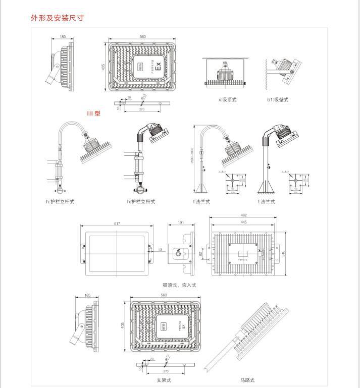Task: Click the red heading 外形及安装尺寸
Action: coord(57,18)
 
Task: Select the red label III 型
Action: coord(93,114)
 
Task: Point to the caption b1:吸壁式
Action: coord(278,99)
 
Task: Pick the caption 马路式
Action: coord(247,380)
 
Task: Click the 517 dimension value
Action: coord(117,223)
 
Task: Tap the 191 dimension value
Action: coord(182,223)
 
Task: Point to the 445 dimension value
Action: coord(243,223)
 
